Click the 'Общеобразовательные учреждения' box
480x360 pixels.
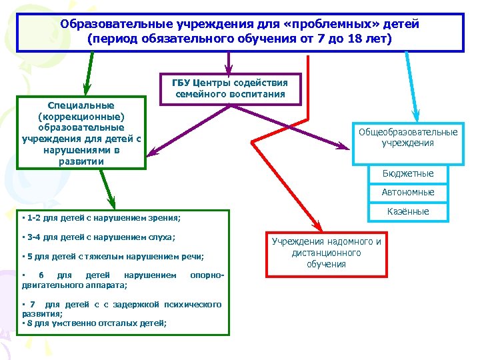(x=408, y=138)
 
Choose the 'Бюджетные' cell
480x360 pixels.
(x=408, y=173)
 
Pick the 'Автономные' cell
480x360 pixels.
(x=408, y=192)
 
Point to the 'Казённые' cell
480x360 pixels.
(x=408, y=211)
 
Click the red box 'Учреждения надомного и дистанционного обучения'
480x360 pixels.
(x=327, y=253)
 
